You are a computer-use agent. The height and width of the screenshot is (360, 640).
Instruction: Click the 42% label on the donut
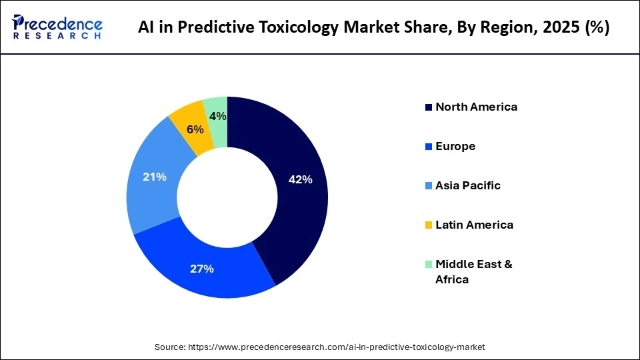click(300, 179)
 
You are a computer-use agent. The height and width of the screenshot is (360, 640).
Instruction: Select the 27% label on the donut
click(201, 269)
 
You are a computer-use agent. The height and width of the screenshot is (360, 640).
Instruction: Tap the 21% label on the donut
click(155, 177)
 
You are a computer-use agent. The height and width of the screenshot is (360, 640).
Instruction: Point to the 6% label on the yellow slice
click(195, 129)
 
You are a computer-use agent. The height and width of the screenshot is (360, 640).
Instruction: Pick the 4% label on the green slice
click(217, 116)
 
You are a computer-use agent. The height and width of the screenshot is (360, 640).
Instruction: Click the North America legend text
click(476, 107)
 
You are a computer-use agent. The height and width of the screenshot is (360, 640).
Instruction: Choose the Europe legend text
click(455, 146)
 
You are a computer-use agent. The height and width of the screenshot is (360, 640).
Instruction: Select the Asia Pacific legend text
click(468, 185)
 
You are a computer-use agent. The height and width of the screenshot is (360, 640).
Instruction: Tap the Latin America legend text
click(474, 225)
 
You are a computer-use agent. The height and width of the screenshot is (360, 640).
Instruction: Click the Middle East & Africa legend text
click(473, 271)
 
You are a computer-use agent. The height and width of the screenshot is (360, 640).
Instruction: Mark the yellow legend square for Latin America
click(429, 225)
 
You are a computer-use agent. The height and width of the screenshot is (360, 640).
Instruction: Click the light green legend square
click(429, 264)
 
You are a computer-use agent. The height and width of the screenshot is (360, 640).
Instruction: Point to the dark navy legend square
click(429, 107)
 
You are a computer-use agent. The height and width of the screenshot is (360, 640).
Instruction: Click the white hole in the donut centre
click(227, 197)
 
